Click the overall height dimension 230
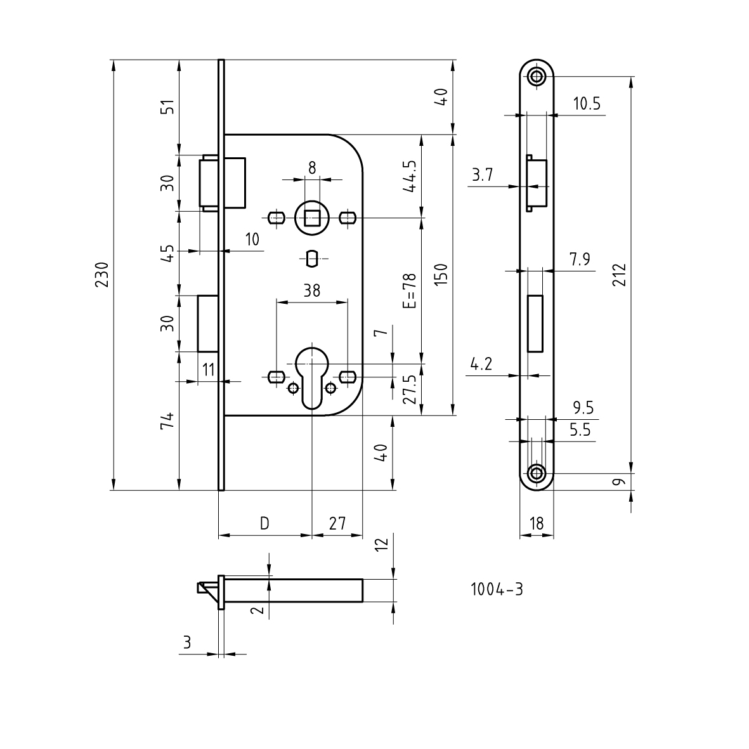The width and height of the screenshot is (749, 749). (103, 274)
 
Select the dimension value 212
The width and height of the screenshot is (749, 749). (620, 274)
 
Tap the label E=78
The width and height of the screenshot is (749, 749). (410, 290)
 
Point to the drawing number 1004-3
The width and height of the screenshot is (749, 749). (497, 589)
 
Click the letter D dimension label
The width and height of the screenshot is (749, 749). (265, 523)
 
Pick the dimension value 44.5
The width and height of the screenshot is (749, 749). (409, 176)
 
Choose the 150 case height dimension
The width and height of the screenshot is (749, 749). (442, 274)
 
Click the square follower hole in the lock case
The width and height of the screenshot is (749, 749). (311, 219)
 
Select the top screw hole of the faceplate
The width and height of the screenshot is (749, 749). (537, 77)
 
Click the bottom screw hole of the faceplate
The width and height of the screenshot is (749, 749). (537, 473)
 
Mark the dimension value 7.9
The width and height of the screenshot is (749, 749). (580, 259)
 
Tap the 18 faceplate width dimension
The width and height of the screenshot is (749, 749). (537, 523)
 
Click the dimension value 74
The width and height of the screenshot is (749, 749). (167, 421)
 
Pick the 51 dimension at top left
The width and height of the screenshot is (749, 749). (167, 107)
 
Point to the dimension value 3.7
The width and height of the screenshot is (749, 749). (482, 175)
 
